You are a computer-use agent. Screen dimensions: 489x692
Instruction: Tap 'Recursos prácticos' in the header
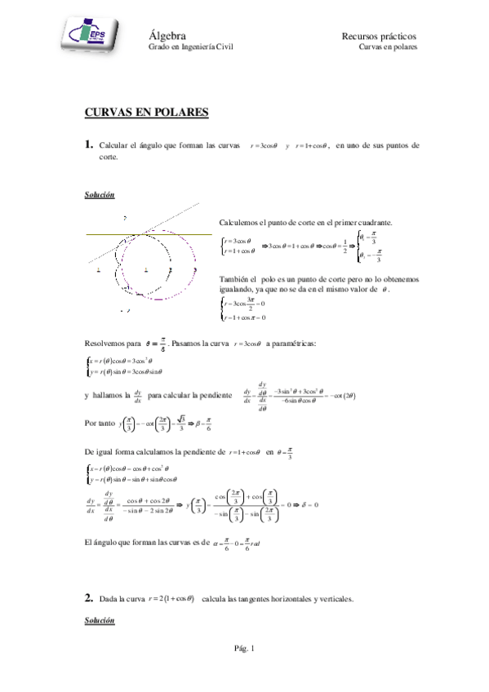[379, 37]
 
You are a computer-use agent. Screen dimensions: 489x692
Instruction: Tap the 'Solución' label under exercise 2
[99, 621]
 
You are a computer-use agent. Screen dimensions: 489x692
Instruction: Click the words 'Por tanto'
[100, 424]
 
